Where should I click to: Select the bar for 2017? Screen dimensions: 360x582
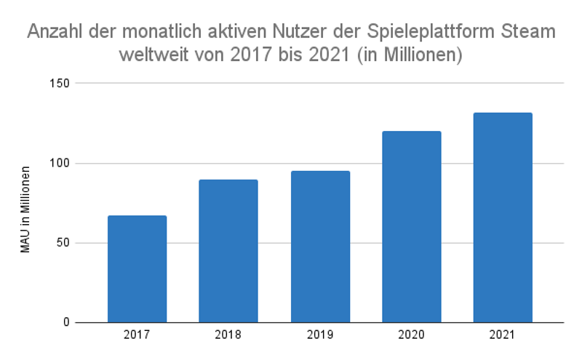click(x=137, y=269)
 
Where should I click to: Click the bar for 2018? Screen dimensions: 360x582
click(x=228, y=251)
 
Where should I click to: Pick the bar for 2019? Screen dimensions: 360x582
click(x=320, y=247)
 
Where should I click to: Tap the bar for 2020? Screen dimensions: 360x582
click(x=411, y=227)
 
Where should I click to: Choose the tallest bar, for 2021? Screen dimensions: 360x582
click(x=503, y=217)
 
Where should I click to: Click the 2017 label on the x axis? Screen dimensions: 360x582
click(x=137, y=336)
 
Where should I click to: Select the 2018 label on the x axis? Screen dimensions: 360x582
click(x=228, y=336)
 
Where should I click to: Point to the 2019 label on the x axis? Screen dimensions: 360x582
click(x=320, y=336)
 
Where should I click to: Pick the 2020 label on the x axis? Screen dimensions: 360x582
click(x=411, y=336)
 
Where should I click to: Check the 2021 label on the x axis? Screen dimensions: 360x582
click(x=503, y=336)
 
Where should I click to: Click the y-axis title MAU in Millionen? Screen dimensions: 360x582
click(x=25, y=209)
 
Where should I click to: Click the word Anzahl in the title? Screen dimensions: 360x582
click(x=55, y=33)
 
